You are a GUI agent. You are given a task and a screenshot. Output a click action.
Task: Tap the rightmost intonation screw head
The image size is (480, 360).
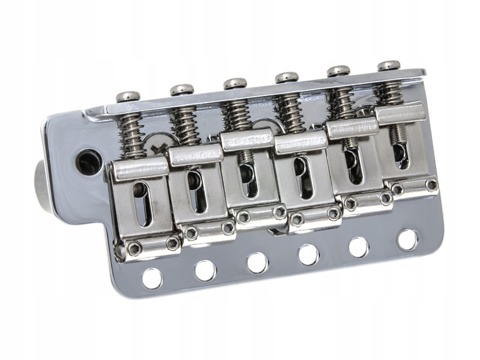[x=389, y=65]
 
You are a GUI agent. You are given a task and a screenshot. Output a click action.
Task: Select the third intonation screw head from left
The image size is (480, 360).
[x=235, y=83]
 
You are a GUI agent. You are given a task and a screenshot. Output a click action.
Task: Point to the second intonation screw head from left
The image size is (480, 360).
[x=181, y=89]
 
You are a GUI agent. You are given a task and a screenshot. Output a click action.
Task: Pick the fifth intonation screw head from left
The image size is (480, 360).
[x=339, y=71]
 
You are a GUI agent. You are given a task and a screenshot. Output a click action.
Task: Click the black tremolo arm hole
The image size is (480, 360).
[x=88, y=158]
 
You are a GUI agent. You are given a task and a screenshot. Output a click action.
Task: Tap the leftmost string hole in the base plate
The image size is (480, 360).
[x=152, y=277]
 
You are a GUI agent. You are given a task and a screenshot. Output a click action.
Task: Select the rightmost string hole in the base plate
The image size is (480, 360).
[x=407, y=239]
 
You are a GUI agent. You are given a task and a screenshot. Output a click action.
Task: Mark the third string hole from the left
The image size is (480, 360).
[x=257, y=262]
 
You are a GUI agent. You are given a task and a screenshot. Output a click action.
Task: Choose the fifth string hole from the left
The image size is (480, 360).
[x=359, y=247]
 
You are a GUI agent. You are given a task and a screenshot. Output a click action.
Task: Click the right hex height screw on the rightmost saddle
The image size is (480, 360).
[x=430, y=184]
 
